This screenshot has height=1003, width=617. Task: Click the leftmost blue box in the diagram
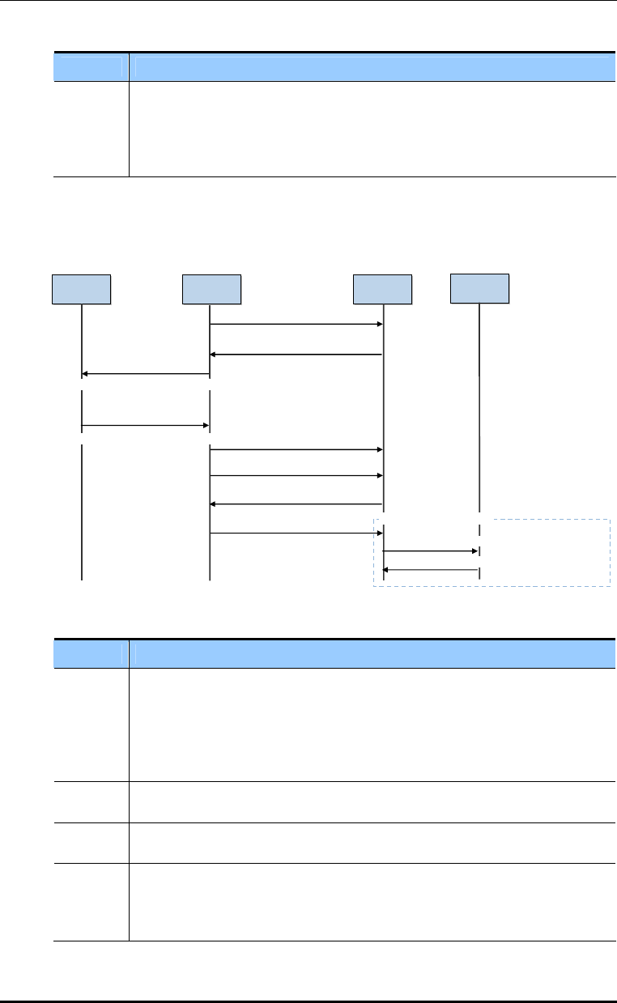pyautogui.click(x=81, y=289)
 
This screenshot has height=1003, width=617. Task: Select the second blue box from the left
pyautogui.click(x=211, y=289)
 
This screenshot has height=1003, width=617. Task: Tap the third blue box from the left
pyautogui.click(x=382, y=289)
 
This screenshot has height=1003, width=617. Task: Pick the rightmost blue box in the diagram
pyautogui.click(x=479, y=287)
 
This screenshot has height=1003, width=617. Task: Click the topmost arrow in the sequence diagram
pyautogui.click(x=296, y=325)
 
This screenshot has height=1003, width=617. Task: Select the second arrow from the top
pyautogui.click(x=296, y=355)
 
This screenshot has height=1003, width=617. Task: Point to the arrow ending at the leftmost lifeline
pyautogui.click(x=146, y=374)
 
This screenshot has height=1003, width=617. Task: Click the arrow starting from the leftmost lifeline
pyautogui.click(x=146, y=424)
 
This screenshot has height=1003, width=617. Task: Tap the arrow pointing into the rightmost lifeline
pyautogui.click(x=431, y=550)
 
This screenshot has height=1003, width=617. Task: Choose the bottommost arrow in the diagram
pyautogui.click(x=431, y=570)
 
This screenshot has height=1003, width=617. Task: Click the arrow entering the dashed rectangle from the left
pyautogui.click(x=296, y=533)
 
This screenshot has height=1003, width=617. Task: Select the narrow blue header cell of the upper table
pyautogui.click(x=91, y=66)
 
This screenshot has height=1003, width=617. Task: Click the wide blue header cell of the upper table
pyautogui.click(x=369, y=66)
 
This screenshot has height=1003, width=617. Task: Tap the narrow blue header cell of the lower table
pyautogui.click(x=91, y=653)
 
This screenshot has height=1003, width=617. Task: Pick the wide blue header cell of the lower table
pyautogui.click(x=369, y=653)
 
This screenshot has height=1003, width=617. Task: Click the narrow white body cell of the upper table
pyautogui.click(x=91, y=128)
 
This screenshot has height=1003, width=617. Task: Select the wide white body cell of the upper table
pyautogui.click(x=369, y=128)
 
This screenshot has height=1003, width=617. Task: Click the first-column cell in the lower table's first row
pyautogui.click(x=91, y=724)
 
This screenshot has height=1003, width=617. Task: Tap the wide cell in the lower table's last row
pyautogui.click(x=369, y=901)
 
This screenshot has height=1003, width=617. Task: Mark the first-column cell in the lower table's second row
pyautogui.click(x=91, y=801)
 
